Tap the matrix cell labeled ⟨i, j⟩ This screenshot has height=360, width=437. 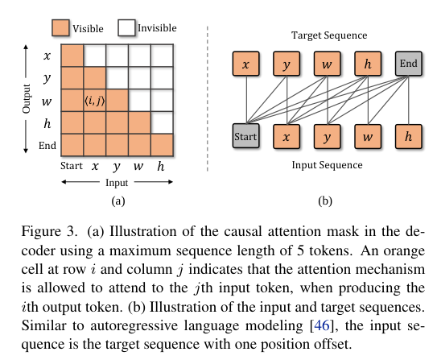point(95,101)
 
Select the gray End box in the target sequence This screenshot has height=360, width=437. point(409,64)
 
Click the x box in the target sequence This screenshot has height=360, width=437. point(245,64)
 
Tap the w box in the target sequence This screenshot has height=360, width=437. point(327,64)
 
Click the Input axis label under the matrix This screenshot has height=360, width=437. point(117,183)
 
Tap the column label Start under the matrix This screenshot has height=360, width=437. point(72,167)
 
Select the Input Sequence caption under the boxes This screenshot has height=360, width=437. point(327,165)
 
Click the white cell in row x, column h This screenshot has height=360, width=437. point(161,56)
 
